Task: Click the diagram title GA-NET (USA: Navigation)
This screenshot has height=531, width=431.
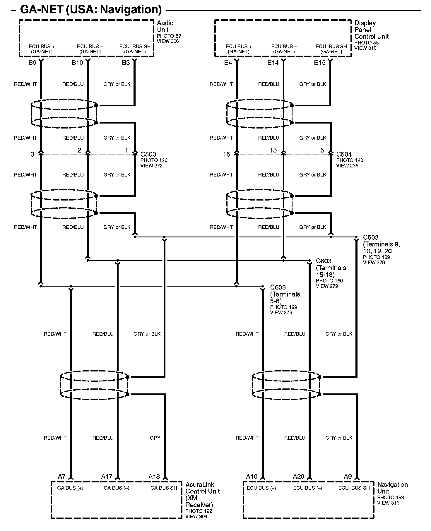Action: (91, 10)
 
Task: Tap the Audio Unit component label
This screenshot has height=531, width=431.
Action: (165, 26)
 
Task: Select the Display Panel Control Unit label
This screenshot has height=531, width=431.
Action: (371, 30)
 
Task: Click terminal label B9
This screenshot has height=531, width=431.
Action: (32, 62)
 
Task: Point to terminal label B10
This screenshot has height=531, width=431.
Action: (77, 62)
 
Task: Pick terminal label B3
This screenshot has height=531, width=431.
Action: (126, 62)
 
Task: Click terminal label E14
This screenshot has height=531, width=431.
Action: (273, 62)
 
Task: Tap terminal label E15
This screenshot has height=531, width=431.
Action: (320, 62)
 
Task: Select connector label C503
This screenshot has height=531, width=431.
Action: (148, 154)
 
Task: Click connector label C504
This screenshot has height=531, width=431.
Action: (344, 154)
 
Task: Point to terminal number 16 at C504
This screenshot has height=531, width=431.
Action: (226, 154)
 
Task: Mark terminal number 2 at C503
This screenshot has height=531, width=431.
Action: (79, 150)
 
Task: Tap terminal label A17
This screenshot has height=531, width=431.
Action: (107, 477)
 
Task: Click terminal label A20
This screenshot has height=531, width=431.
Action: (299, 477)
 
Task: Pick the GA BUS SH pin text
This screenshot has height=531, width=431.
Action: (164, 488)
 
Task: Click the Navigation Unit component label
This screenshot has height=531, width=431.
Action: (392, 488)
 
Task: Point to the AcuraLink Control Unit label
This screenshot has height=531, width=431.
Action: (202, 494)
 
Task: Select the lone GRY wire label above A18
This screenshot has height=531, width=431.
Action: (155, 438)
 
